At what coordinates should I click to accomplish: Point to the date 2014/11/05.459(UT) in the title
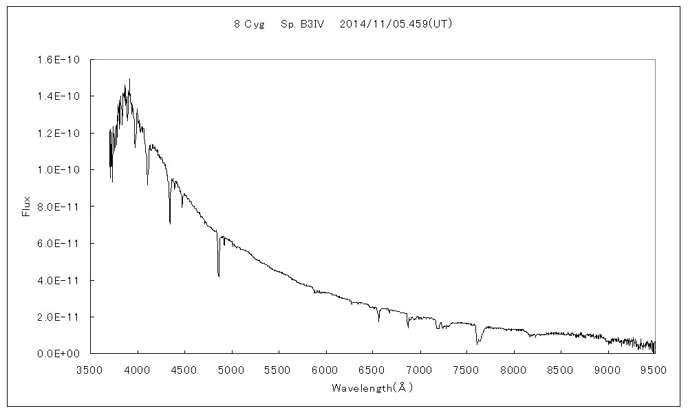click(396, 23)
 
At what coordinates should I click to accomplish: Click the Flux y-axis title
click(26, 206)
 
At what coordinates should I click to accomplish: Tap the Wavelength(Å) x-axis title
click(372, 388)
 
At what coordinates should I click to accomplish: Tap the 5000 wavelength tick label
click(232, 370)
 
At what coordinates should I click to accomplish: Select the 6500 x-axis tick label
click(372, 370)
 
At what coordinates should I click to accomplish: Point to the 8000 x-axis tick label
click(513, 370)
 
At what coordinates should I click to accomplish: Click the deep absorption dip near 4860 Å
click(219, 275)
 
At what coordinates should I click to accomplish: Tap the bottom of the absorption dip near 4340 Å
click(170, 222)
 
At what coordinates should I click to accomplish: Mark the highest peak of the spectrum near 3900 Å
click(129, 79)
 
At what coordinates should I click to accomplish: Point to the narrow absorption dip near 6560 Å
click(378, 321)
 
